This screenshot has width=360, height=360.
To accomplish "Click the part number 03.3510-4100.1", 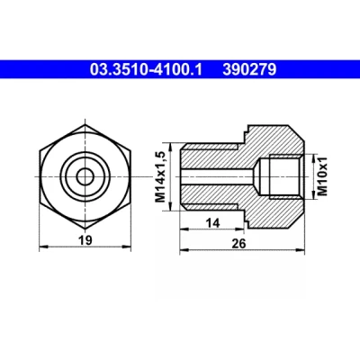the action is click(x=146, y=69).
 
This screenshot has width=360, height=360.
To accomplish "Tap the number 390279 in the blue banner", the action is click(x=249, y=69).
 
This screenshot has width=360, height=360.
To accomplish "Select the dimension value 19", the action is click(x=85, y=240).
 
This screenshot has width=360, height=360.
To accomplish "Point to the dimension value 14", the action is click(x=212, y=223).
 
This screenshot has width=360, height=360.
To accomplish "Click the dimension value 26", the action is click(x=238, y=243).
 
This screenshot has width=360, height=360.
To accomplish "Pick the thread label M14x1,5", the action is click(x=161, y=176).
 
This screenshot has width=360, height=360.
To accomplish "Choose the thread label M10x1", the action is click(x=322, y=177).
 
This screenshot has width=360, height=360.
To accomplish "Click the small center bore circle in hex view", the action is click(x=85, y=176).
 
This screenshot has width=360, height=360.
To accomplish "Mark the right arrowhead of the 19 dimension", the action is click(x=127, y=247).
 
